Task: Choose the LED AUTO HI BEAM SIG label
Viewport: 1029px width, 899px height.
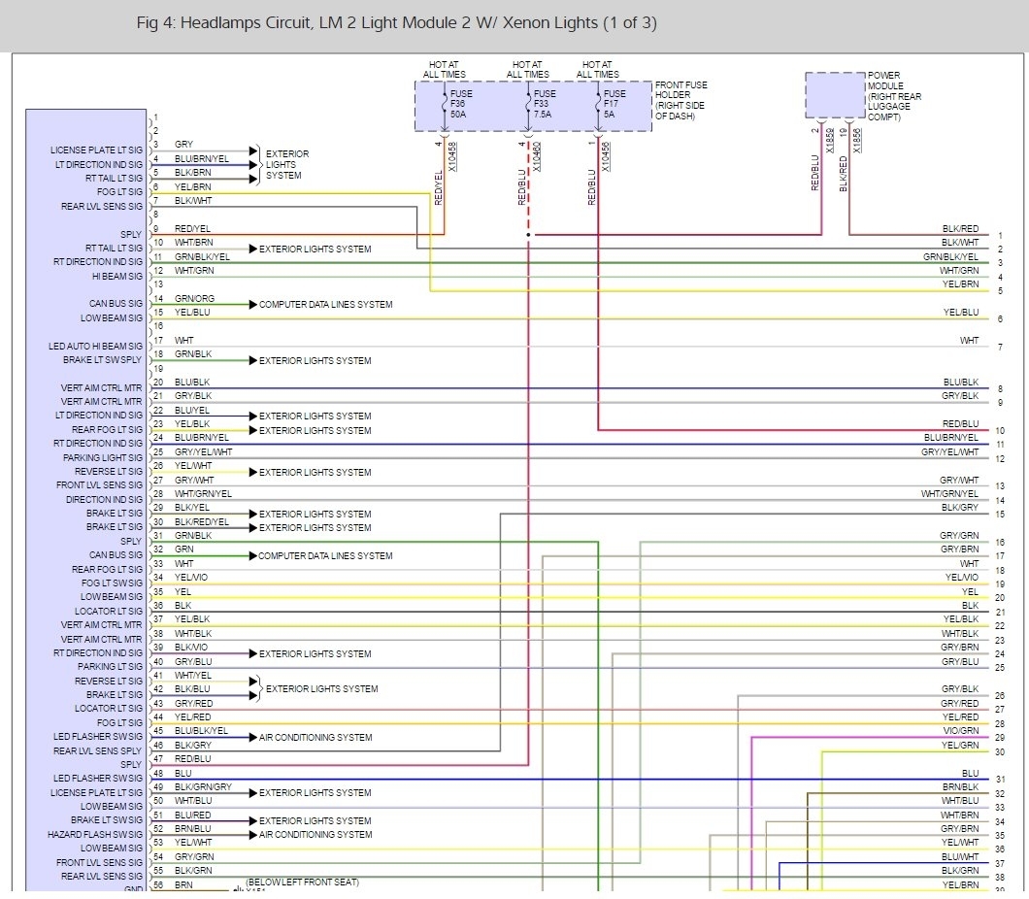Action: tap(95, 346)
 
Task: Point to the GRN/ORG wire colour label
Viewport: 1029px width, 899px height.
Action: tap(195, 298)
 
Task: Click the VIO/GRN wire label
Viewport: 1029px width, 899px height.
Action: tap(960, 730)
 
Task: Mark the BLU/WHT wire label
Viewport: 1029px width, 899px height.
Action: tap(960, 856)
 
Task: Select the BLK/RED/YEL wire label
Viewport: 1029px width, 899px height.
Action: tap(202, 521)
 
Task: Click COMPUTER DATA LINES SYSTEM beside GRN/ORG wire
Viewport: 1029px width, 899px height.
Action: tap(325, 305)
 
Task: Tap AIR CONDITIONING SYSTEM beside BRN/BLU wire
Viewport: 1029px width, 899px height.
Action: tap(315, 834)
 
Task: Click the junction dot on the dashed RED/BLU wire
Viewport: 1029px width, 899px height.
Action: tap(528, 235)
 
